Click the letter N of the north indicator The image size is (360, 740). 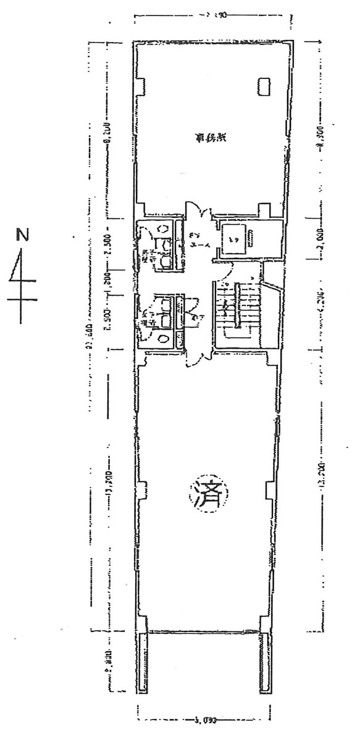point(22,235)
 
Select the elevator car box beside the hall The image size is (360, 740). point(237,237)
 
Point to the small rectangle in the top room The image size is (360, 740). point(264,86)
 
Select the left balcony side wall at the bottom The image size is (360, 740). point(143,663)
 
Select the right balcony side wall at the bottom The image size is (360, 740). point(265,663)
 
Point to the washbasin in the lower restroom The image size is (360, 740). point(162,338)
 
